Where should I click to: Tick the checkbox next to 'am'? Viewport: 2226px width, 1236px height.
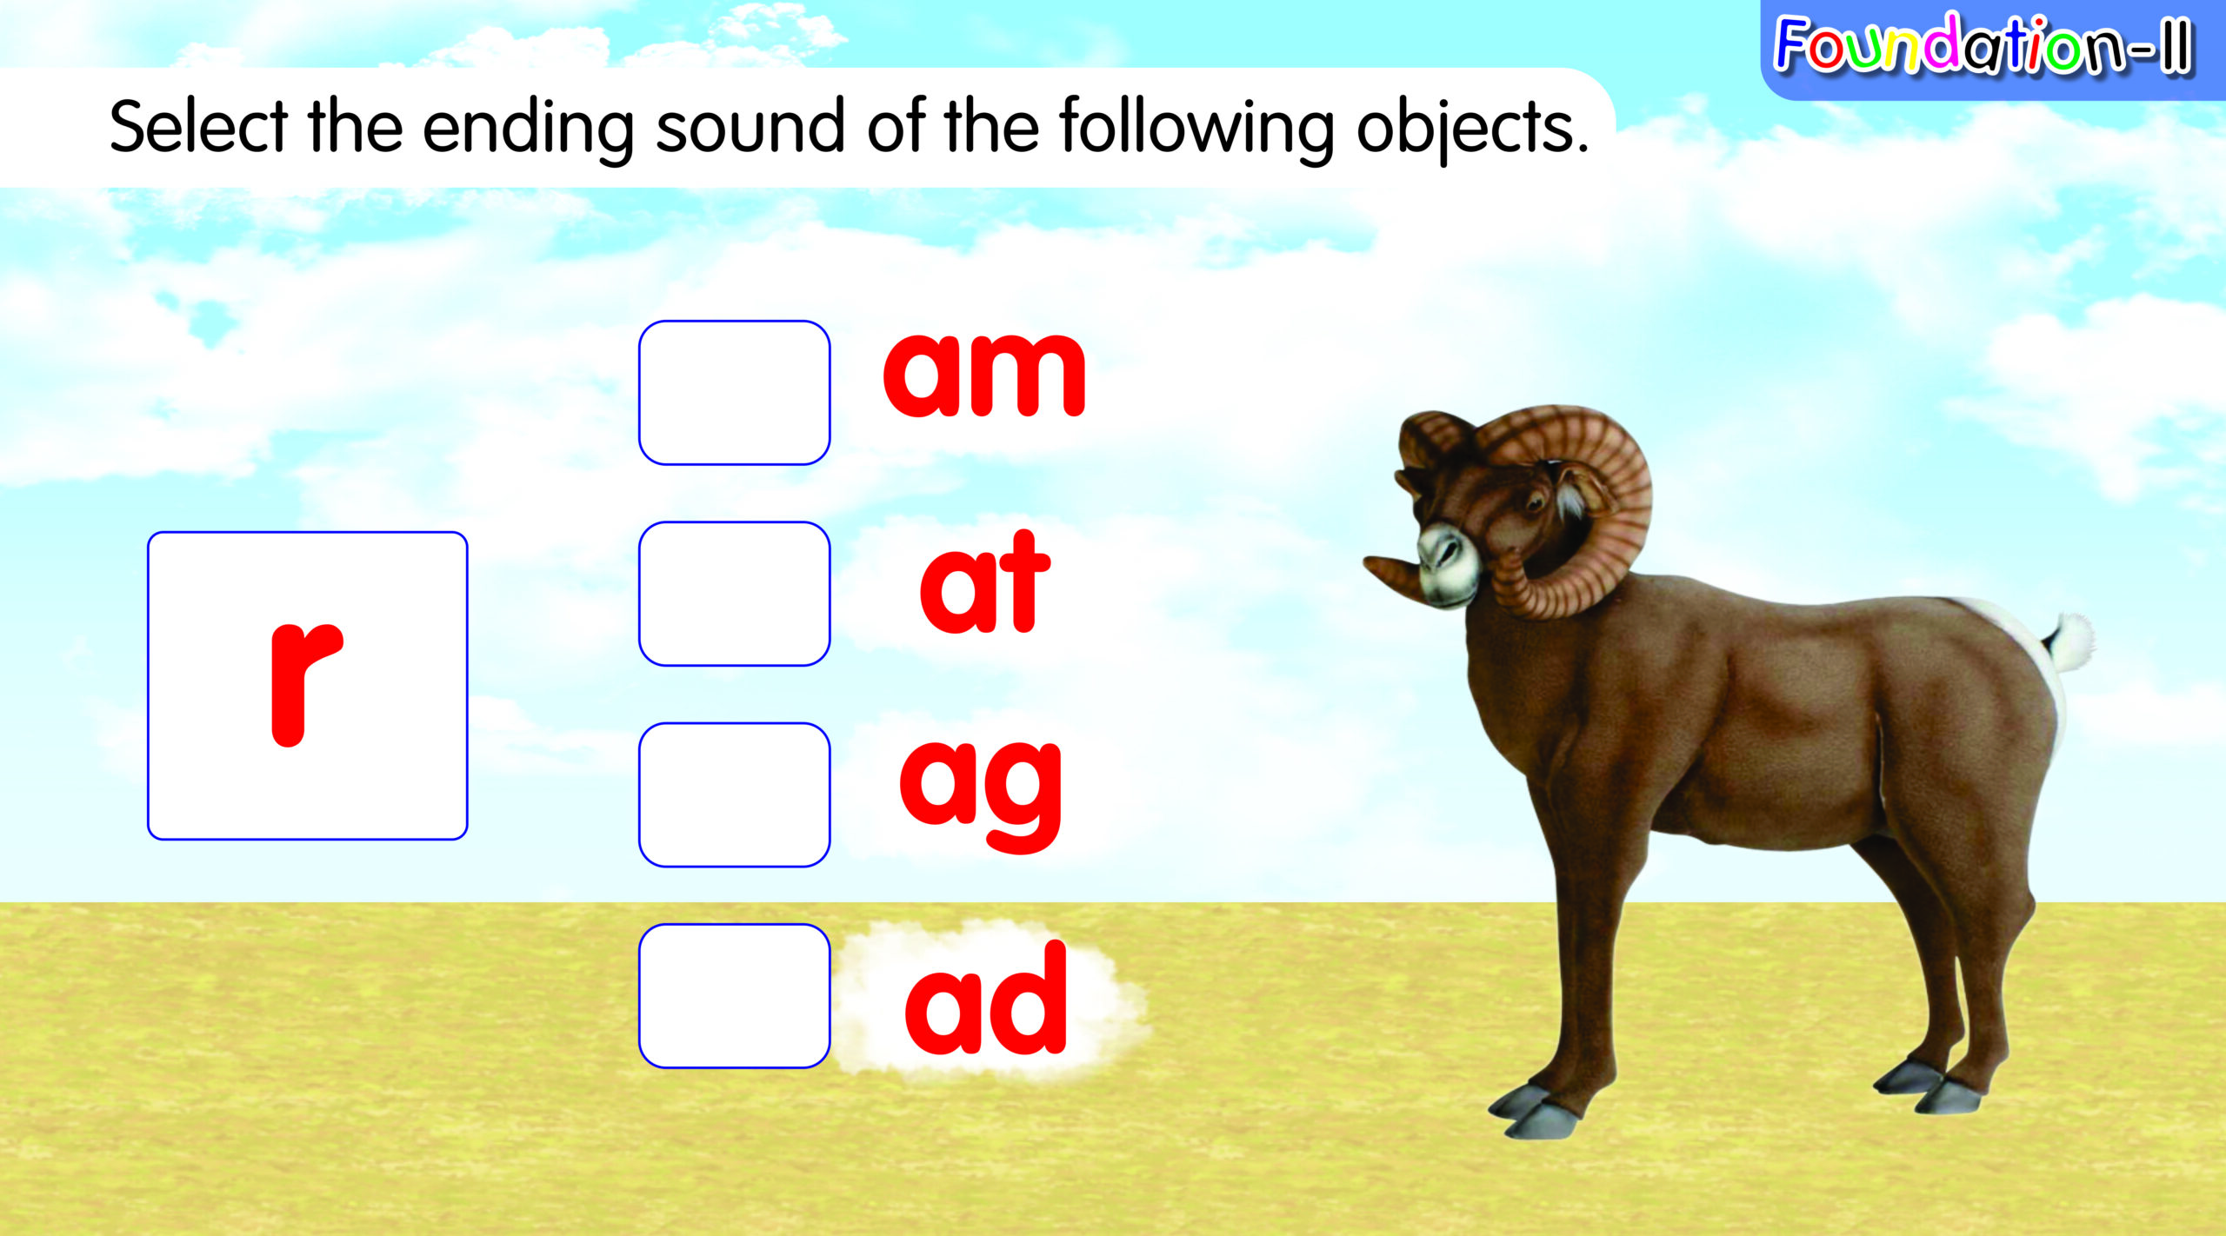(734, 393)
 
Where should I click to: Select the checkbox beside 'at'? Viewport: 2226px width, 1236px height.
(734, 594)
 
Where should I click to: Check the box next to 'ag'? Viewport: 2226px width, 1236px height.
(734, 794)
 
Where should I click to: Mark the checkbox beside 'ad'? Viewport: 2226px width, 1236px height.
(734, 995)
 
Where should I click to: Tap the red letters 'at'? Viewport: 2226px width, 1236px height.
(984, 581)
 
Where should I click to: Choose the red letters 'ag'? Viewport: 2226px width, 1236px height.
(981, 794)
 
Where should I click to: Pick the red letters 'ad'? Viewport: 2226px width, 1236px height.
(985, 997)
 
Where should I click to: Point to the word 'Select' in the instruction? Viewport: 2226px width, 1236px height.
(198, 127)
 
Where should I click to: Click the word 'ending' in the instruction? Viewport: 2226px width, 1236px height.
(528, 130)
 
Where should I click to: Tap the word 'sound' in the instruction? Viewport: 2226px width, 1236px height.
(750, 127)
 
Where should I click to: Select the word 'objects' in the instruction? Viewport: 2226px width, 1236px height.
(1471, 130)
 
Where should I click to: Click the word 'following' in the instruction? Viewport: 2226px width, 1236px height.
(1196, 130)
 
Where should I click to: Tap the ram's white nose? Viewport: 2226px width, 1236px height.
(1445, 565)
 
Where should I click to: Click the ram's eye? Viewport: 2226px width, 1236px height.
(1535, 502)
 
